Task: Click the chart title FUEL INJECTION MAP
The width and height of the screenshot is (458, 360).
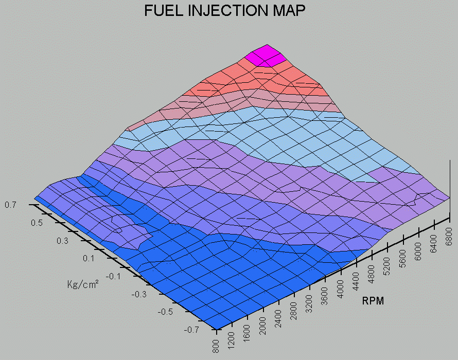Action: (x=225, y=10)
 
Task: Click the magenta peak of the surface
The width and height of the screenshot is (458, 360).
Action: (x=267, y=56)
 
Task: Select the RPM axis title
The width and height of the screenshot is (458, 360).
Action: (x=373, y=301)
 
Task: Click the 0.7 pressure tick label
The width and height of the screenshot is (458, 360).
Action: (x=10, y=205)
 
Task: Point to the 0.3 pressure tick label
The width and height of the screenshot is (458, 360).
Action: (x=62, y=241)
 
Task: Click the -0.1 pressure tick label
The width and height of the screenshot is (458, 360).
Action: (x=113, y=276)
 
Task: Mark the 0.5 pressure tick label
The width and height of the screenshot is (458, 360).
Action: (x=37, y=223)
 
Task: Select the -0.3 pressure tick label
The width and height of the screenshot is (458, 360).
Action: (x=139, y=294)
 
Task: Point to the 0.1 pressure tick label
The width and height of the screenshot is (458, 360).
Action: (x=88, y=258)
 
